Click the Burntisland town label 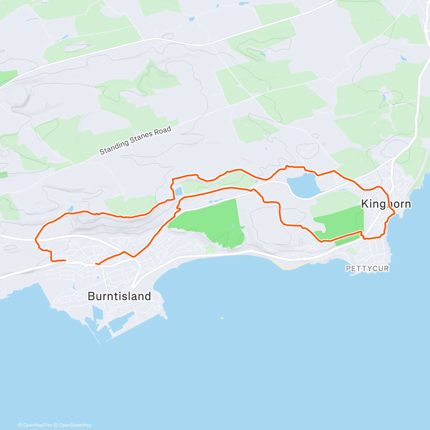point(119,296)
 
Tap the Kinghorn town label point(386,204)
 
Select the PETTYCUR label point(367,268)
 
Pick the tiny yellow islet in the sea point(222,318)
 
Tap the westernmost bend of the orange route point(36,239)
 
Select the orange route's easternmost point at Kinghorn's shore point(394,213)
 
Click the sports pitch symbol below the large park point(210,249)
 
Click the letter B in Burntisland point(91,296)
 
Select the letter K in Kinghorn point(365,204)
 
